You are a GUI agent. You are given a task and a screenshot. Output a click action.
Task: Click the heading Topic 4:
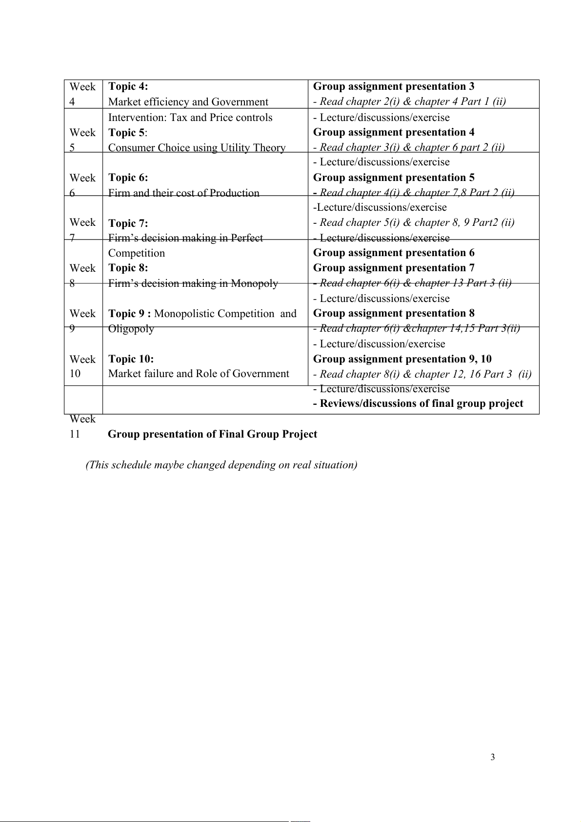[128, 86]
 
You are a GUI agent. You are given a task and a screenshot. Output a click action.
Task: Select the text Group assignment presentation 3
[393, 86]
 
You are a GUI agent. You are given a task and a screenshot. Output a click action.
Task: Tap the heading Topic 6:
[128, 178]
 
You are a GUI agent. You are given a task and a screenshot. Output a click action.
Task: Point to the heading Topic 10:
[131, 359]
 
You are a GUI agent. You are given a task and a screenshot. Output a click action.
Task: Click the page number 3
[492, 757]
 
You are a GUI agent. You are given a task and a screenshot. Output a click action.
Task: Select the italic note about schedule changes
[221, 465]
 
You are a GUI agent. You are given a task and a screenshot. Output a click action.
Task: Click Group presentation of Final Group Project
[212, 434]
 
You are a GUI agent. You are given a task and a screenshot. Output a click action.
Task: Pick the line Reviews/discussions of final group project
[418, 403]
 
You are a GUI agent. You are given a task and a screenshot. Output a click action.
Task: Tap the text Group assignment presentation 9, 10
[402, 359]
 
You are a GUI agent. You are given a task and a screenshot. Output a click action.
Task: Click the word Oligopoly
[131, 329]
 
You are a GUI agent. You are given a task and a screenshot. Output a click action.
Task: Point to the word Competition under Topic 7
[137, 253]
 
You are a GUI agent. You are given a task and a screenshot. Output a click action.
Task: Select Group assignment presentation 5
[393, 178]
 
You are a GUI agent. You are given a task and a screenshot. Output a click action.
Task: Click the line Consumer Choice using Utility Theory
[197, 148]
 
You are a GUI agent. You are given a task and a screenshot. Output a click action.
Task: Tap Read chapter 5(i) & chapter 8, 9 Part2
[414, 222]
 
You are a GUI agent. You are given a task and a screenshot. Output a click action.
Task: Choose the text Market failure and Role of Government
[199, 374]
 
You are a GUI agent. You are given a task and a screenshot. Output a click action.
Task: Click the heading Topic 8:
[128, 268]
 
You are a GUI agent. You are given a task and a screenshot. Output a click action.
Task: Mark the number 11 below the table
[75, 434]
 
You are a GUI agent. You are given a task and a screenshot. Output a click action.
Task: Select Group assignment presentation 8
[393, 313]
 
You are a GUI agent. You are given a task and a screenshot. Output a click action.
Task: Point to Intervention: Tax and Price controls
[190, 118]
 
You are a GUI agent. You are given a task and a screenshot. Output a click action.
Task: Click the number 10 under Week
[75, 374]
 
